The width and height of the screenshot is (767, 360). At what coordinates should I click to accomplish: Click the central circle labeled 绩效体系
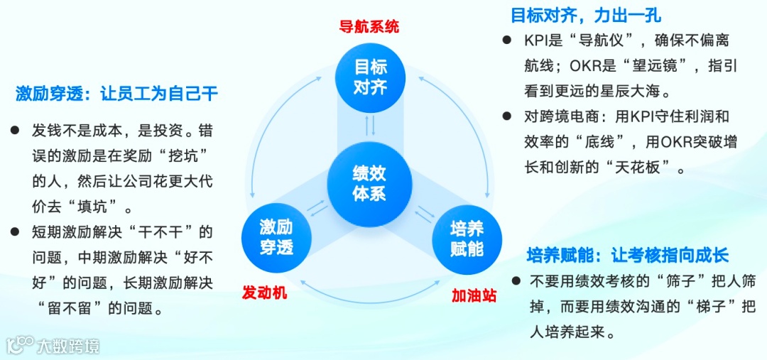point(369,182)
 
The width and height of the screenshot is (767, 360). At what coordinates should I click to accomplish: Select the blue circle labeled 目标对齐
point(369,77)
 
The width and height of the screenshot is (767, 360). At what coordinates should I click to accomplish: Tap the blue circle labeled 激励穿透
point(276,237)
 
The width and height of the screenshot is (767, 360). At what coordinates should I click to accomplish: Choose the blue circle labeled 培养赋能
point(467,239)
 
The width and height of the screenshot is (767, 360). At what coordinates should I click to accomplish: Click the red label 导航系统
point(369,27)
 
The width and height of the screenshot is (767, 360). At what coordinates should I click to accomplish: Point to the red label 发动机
point(264,292)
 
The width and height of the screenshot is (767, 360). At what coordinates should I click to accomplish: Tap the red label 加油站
point(474,295)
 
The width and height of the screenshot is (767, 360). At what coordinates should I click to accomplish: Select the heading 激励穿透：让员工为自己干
point(116,94)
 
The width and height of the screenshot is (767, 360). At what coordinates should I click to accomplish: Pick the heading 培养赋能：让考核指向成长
point(627,256)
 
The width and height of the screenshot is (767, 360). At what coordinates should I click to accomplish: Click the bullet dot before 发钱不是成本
point(14,131)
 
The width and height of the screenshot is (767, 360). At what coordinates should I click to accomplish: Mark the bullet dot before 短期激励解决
point(14,231)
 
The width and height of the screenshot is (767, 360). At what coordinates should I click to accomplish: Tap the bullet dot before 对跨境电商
point(506,115)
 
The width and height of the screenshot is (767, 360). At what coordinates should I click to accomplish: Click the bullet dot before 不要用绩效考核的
point(515,281)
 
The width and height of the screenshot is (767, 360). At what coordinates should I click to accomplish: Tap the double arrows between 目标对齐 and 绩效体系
point(369,126)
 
